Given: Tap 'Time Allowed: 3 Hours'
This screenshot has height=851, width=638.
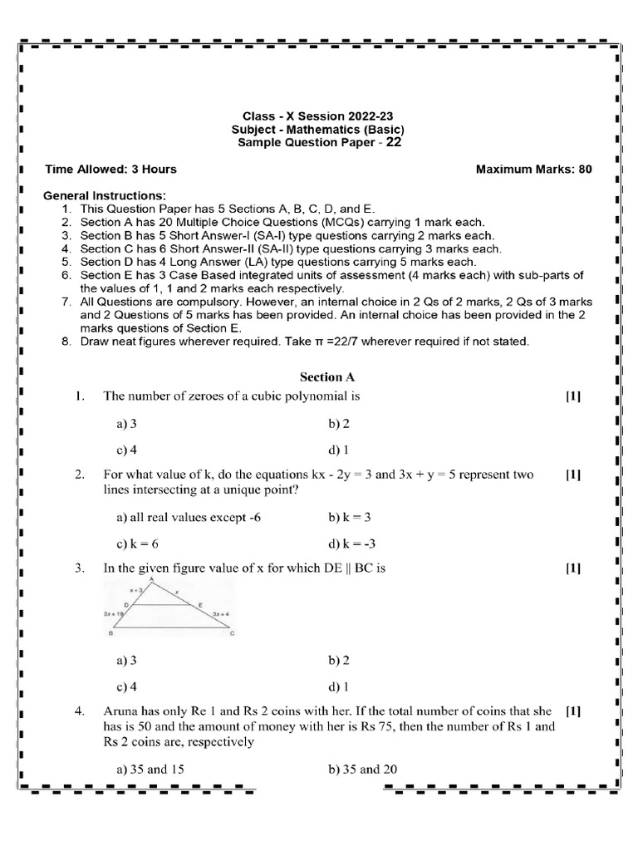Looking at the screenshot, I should coord(110,170).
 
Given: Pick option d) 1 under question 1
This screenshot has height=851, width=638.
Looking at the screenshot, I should coord(338,450).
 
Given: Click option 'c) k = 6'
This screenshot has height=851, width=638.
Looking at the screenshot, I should coord(138,544).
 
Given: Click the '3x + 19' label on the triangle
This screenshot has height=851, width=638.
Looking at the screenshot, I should coord(114,612).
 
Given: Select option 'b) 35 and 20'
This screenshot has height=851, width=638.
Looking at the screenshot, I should coord(363,769).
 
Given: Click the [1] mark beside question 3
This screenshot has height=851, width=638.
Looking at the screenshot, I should coord(573,568).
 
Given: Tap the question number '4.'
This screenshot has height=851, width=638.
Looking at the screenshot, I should coord(80,712).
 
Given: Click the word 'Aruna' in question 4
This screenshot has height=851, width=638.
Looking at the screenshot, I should coord(120,712).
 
